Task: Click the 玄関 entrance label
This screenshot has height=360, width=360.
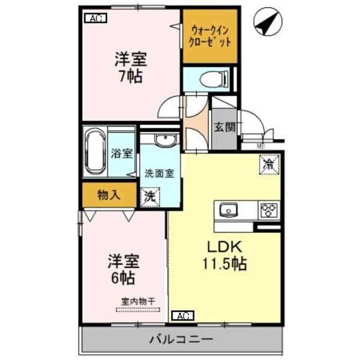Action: coord(226,128)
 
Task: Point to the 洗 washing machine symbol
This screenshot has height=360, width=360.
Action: coord(149,197)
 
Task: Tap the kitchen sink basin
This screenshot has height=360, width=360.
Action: coord(229,210)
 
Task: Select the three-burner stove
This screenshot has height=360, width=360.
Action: coord(268,210)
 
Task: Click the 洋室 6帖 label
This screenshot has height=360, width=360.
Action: coord(123,269)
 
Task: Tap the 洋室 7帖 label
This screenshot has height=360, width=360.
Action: coord(131,69)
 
